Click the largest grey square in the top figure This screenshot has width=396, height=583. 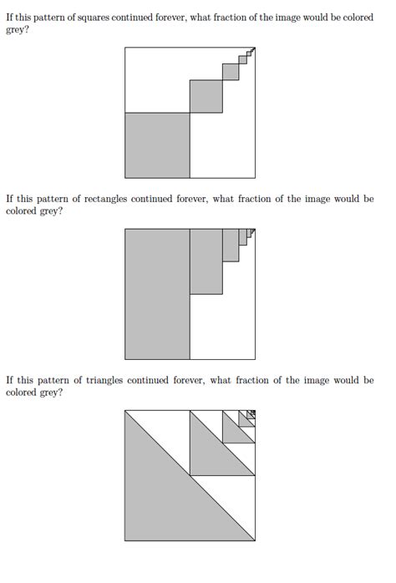click(x=157, y=145)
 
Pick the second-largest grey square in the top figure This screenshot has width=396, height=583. click(x=206, y=96)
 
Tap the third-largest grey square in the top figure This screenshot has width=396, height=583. click(x=231, y=72)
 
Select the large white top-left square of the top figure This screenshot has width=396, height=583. click(x=157, y=80)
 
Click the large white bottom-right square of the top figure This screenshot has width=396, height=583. click(x=222, y=145)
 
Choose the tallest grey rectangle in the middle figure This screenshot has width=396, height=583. click(x=157, y=294)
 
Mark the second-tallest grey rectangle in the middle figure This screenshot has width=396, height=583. click(x=206, y=261)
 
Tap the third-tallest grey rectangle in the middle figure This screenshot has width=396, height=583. click(x=231, y=245)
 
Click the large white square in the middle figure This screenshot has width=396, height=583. click(x=222, y=327)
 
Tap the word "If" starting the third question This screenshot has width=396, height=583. click(x=10, y=380)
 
